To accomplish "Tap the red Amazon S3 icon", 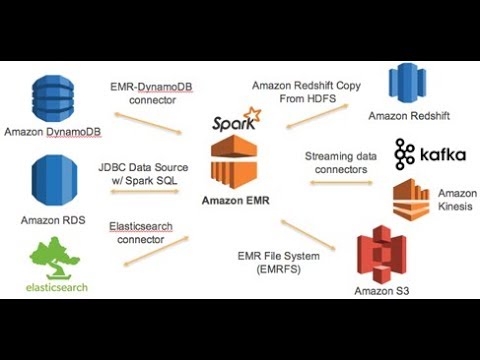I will click(381, 254).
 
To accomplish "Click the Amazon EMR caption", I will click(238, 200).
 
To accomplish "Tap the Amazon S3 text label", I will click(381, 291).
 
